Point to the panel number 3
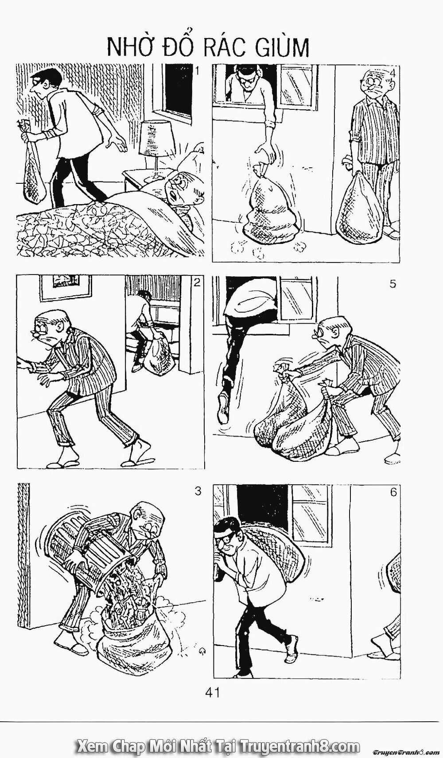198,491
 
